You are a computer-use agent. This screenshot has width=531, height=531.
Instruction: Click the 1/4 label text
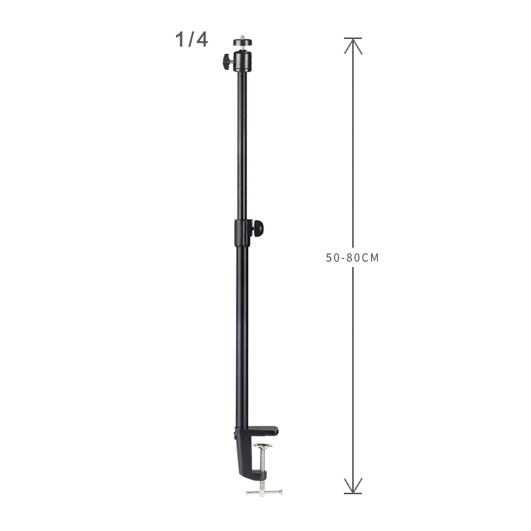pyautogui.click(x=191, y=40)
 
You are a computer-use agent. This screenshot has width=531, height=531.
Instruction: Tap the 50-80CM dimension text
pyautogui.click(x=352, y=258)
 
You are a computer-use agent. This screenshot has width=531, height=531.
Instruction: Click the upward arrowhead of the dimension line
pyautogui.click(x=353, y=46)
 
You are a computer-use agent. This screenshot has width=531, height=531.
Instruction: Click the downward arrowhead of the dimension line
pyautogui.click(x=353, y=485)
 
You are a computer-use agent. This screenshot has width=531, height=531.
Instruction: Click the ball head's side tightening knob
pyautogui.click(x=226, y=61)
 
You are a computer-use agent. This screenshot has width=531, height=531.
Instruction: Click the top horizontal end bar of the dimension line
pyautogui.click(x=353, y=38)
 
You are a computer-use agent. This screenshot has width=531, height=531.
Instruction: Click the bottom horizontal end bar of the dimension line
pyautogui.click(x=353, y=493)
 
